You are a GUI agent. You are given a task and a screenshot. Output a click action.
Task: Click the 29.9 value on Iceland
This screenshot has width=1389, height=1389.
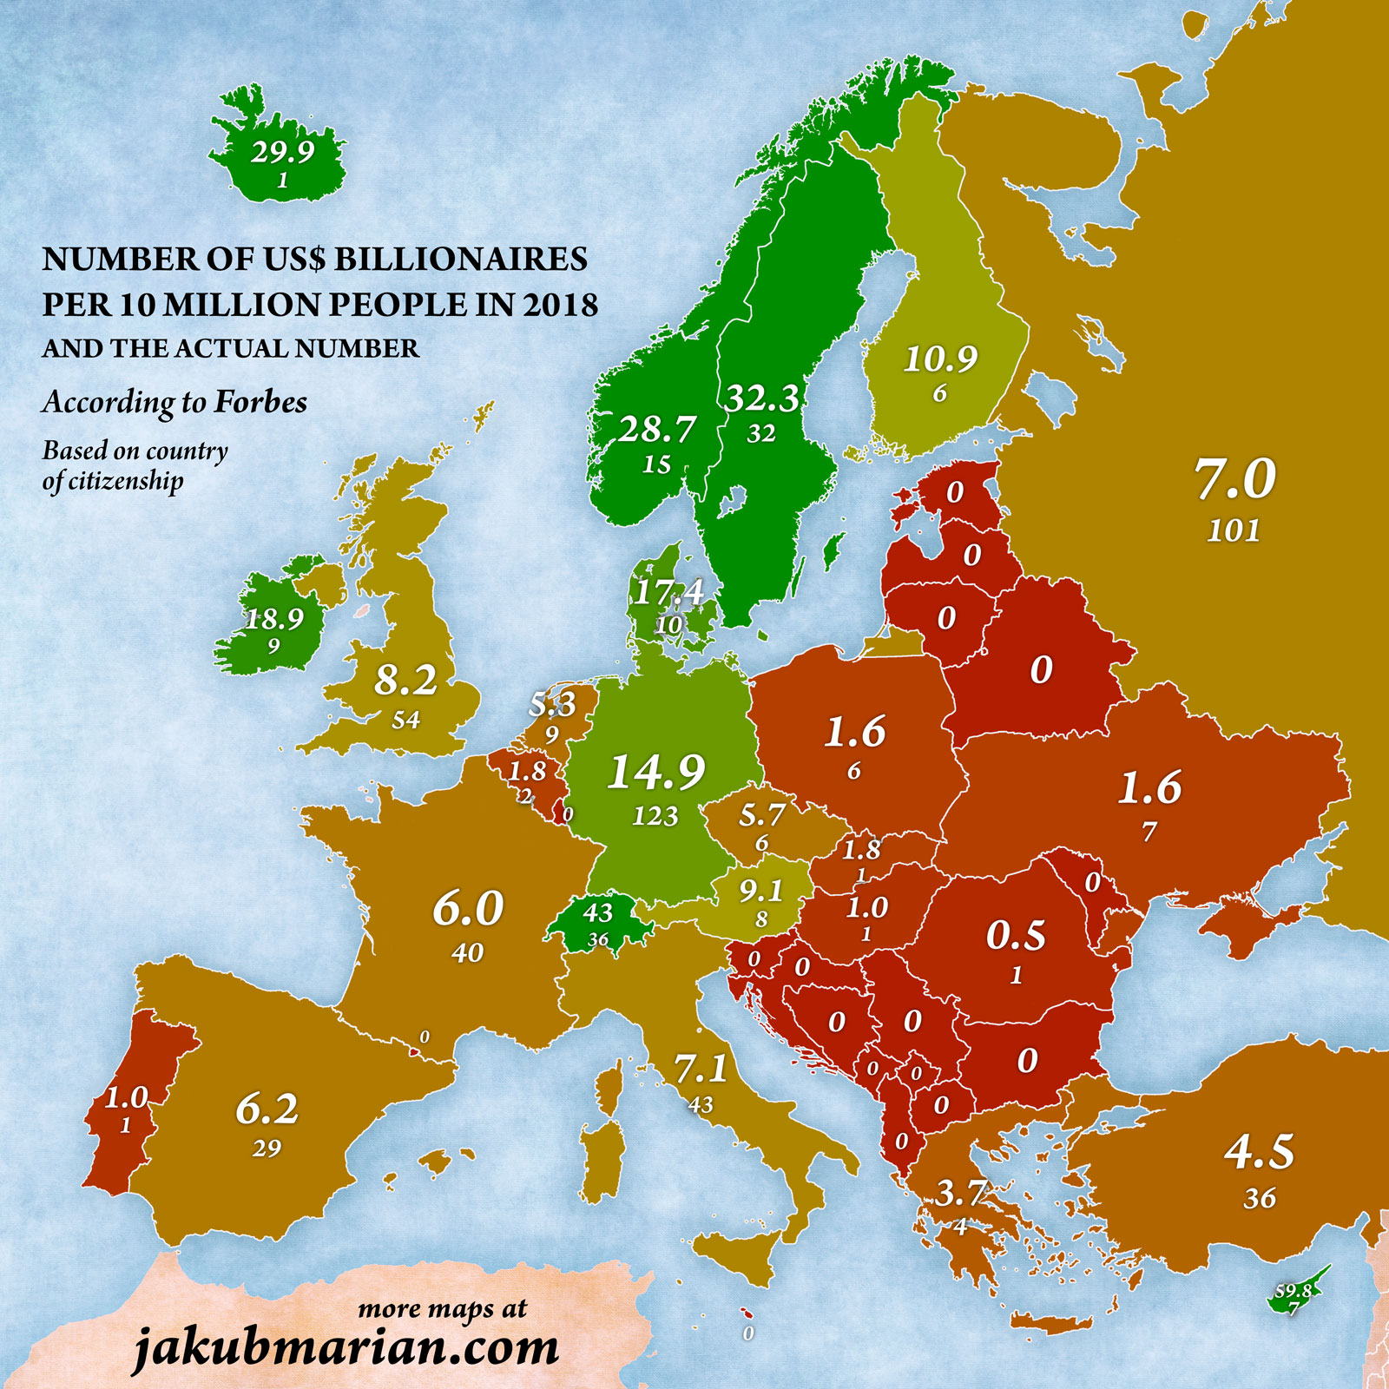(x=283, y=152)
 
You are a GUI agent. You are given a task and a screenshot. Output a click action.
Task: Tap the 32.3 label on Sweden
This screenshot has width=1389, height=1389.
(x=761, y=398)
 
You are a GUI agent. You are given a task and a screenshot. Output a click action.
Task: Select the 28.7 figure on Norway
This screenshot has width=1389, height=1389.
(x=656, y=429)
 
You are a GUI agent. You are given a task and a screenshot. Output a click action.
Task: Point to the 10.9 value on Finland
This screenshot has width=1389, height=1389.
(x=940, y=358)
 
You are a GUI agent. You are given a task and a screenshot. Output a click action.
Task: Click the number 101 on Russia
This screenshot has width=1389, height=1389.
(x=1233, y=530)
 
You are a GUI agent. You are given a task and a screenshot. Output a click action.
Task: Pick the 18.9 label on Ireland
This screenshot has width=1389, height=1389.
(x=274, y=619)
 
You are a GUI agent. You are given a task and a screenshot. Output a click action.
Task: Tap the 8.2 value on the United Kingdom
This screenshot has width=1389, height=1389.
(x=405, y=681)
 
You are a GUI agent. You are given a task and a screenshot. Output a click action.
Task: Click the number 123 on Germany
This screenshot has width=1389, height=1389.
(x=655, y=816)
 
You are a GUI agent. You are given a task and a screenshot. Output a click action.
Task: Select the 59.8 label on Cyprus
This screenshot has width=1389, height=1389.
(x=1293, y=1291)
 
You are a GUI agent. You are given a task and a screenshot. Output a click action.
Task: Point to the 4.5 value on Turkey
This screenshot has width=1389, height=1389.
(x=1259, y=1152)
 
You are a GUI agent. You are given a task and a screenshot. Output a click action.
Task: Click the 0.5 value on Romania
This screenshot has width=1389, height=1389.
(x=1016, y=935)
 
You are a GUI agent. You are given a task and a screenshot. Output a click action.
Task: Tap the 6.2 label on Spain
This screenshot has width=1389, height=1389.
(x=267, y=1109)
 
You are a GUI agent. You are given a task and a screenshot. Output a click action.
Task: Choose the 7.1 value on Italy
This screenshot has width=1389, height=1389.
(x=701, y=1069)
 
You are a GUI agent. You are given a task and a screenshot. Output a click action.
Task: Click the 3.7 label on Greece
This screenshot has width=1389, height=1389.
(x=960, y=1194)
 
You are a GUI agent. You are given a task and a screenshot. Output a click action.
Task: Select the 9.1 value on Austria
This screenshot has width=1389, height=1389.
(x=760, y=891)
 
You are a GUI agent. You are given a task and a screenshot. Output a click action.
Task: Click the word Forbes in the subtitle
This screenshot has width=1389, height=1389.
(x=260, y=402)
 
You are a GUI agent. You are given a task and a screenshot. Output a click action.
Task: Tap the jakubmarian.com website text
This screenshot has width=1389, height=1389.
(x=346, y=1348)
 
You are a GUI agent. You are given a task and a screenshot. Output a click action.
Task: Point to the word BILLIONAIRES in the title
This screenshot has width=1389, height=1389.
(x=461, y=259)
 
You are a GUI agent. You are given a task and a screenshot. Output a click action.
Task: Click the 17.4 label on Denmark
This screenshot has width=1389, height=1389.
(x=668, y=592)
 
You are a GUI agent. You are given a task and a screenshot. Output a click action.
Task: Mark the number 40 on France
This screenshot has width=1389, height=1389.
(x=467, y=953)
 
